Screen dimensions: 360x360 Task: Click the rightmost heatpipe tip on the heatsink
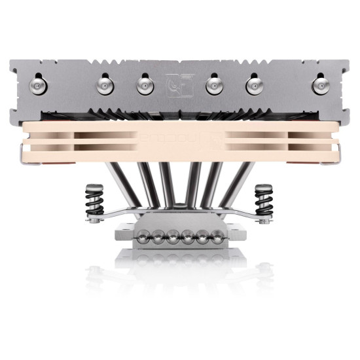coord(320,86)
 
